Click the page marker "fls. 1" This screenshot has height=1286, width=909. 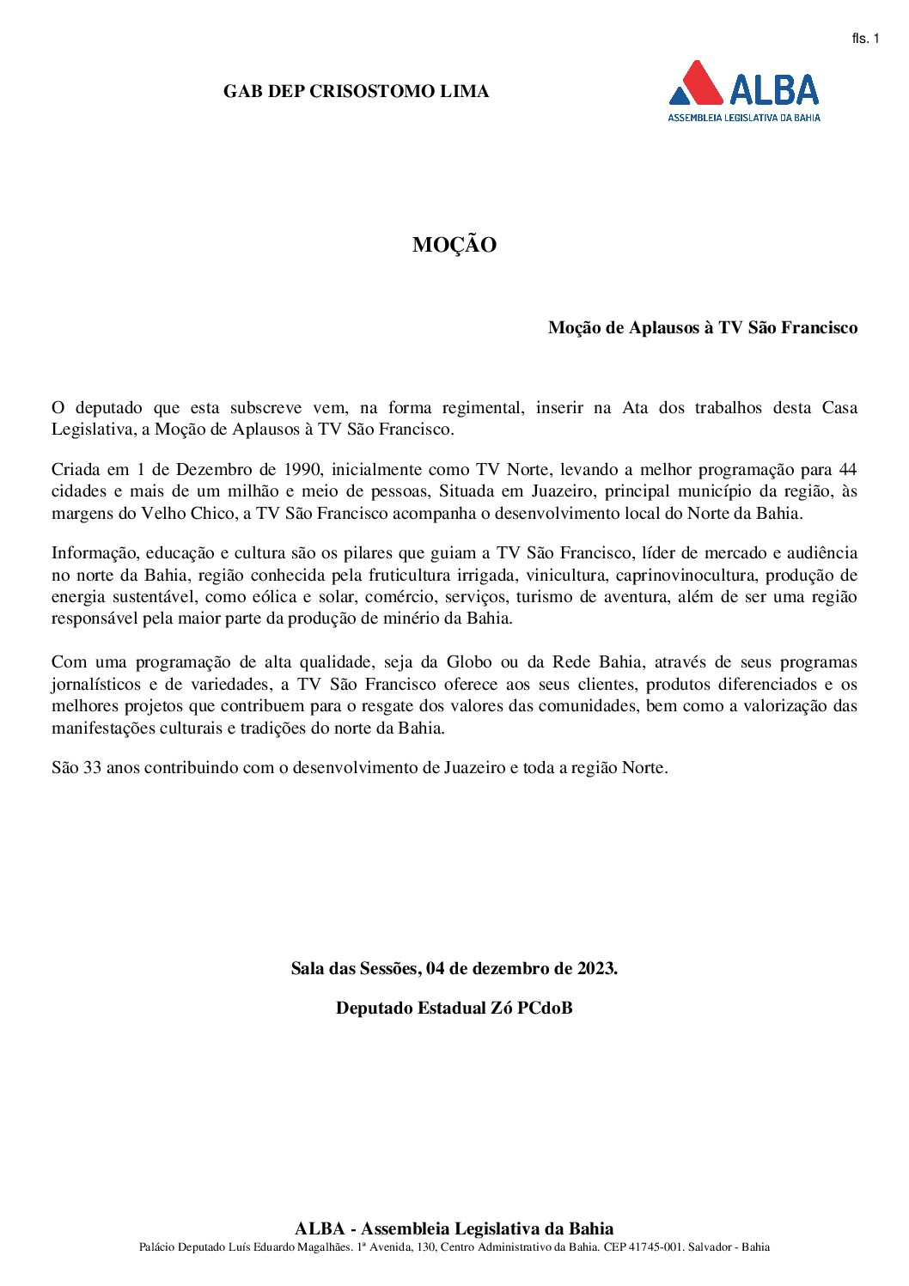click(x=865, y=39)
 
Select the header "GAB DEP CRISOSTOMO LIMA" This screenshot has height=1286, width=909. click(x=356, y=91)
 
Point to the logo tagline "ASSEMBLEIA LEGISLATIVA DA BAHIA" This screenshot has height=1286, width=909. click(x=744, y=117)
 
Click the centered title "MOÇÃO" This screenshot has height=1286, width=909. click(x=454, y=245)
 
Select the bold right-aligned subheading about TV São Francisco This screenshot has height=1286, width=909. click(x=703, y=327)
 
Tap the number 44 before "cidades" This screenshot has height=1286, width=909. click(x=847, y=470)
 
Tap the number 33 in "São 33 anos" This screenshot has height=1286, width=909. click(x=93, y=768)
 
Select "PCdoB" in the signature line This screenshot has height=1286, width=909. click(x=545, y=1009)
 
